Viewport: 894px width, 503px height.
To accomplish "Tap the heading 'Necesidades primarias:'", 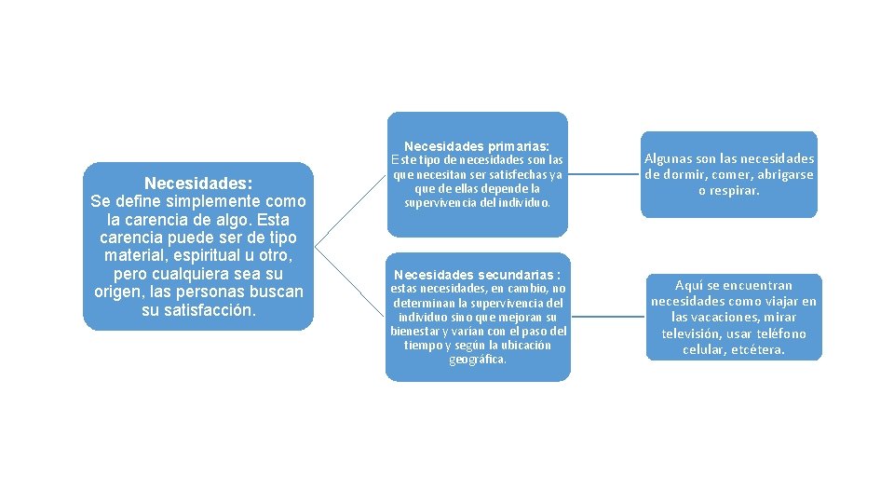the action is click(476, 146).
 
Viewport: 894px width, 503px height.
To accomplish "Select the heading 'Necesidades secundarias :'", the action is click(477, 275).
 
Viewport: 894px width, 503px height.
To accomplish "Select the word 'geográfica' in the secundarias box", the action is click(478, 360).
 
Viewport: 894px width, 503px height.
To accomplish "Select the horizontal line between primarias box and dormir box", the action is click(603, 173).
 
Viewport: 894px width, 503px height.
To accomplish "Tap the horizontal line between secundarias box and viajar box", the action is click(607, 317).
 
